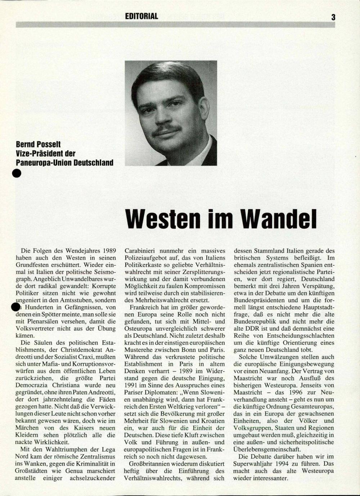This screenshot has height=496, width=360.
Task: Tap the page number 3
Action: tap(333, 17)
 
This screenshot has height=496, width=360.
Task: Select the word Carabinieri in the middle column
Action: tap(141, 251)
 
